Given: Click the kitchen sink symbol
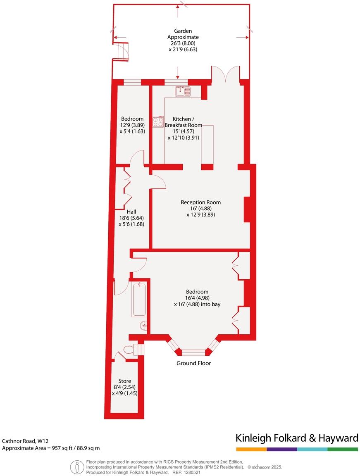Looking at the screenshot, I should pyautogui.click(x=182, y=91).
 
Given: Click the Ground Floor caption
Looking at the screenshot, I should pyautogui.click(x=193, y=363).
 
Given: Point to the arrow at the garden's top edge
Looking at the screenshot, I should pyautogui.click(x=178, y=12).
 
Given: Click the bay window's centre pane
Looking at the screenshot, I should pyautogui.click(x=193, y=352).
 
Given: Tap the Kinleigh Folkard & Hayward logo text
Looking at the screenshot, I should pyautogui.click(x=296, y=438).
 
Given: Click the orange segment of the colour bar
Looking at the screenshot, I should pyautogui.click(x=251, y=449).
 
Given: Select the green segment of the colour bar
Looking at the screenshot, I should pyautogui.click(x=343, y=449).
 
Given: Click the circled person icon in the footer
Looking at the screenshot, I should pyautogui.click(x=77, y=467).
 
